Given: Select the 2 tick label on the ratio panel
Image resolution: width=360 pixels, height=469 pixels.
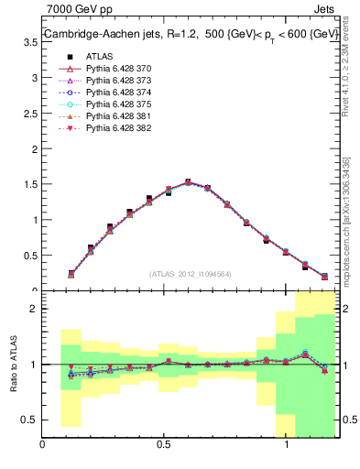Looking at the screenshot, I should click(x=34, y=309).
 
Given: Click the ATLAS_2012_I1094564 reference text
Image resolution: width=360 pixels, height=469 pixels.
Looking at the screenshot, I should click(x=190, y=273).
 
